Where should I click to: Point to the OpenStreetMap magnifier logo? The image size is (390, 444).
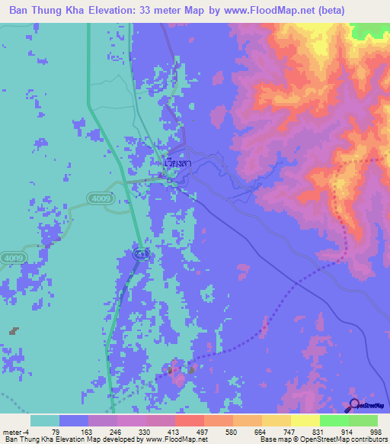click(353, 404)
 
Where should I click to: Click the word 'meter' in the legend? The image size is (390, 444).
click(11, 431)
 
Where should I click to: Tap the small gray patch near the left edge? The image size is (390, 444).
click(14, 331)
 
